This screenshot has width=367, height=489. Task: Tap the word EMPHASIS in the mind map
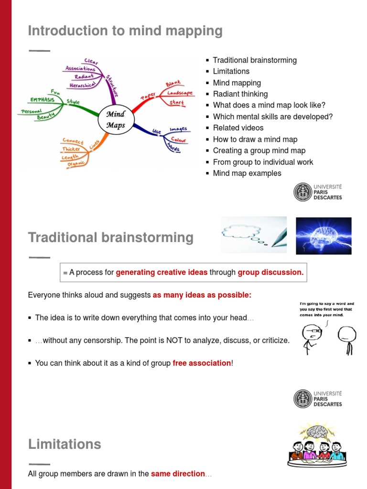(42, 100)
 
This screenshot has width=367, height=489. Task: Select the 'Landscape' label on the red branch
(180, 93)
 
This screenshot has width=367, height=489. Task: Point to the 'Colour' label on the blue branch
(178, 140)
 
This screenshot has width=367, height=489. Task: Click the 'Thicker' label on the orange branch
(71, 149)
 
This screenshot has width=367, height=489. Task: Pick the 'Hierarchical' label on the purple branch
(83, 84)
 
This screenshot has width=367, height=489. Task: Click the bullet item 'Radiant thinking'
(240, 94)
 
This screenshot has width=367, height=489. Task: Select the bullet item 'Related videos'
(238, 128)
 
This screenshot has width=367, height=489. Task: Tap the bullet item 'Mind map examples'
(247, 173)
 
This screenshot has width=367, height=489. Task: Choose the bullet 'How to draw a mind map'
(255, 139)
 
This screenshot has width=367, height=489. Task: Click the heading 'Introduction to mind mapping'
(125, 31)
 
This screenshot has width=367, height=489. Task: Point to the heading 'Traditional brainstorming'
(111, 237)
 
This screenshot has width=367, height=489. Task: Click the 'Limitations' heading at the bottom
(65, 444)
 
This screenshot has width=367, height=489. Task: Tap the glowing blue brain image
(324, 235)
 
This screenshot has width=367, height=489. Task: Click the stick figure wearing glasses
(310, 337)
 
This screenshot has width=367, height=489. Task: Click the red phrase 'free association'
(202, 363)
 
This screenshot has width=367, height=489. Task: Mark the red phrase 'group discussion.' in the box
(270, 272)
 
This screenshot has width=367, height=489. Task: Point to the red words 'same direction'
(178, 474)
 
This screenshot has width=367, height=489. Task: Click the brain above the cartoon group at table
(317, 432)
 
